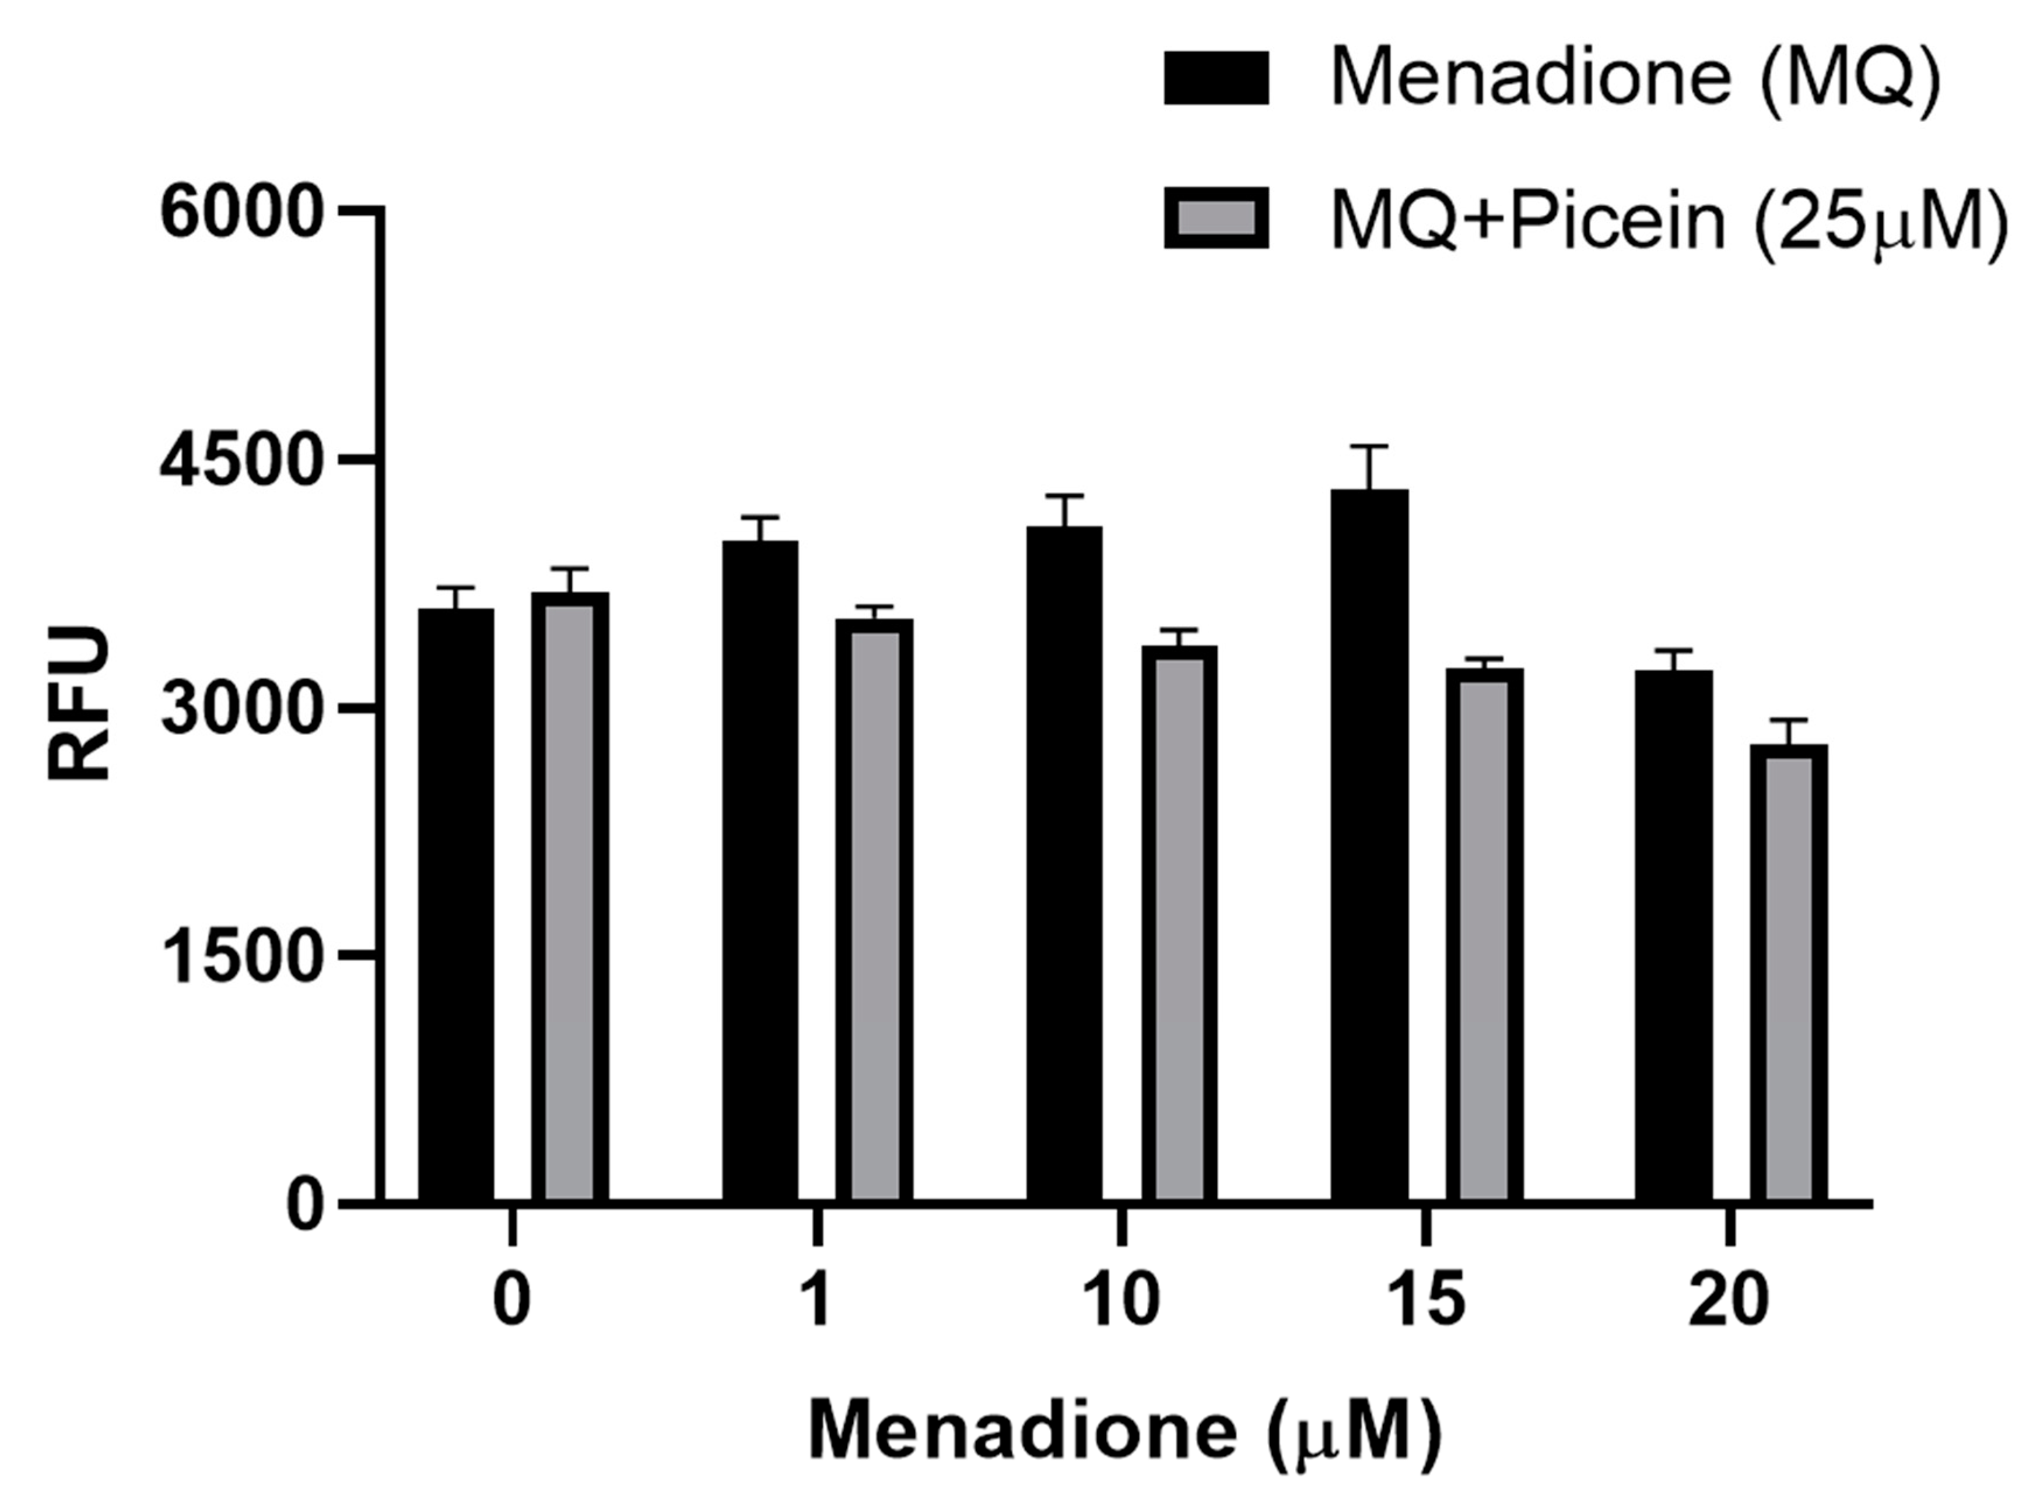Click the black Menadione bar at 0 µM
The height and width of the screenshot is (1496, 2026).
click(455, 906)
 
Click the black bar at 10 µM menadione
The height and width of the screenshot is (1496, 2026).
click(1065, 865)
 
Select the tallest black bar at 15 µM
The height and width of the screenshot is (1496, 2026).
click(1369, 847)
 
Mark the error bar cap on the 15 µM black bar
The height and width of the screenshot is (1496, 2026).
click(1369, 446)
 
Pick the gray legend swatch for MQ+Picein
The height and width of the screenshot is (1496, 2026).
click(1216, 218)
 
